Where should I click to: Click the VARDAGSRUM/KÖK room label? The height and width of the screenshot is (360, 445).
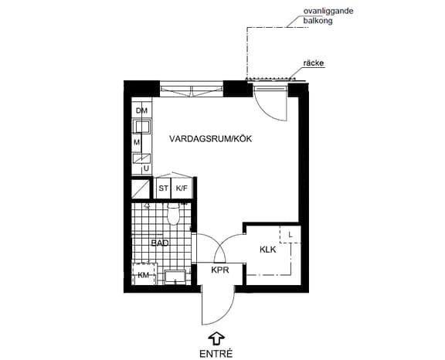click(x=210, y=139)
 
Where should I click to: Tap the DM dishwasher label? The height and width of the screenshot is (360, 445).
click(x=141, y=110)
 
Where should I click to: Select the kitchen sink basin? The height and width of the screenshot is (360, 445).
click(x=142, y=127)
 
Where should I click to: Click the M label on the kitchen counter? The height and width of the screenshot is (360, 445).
click(x=137, y=142)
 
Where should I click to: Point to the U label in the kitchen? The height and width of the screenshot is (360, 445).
click(x=146, y=168)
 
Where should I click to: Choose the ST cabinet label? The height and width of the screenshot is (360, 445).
click(x=163, y=188)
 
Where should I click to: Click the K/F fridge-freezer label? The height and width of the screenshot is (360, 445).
click(x=182, y=188)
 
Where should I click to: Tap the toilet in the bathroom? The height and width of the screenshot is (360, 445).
click(x=174, y=214)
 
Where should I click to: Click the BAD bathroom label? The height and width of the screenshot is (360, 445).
click(x=160, y=243)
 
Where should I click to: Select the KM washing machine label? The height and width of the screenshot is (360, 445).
click(x=144, y=275)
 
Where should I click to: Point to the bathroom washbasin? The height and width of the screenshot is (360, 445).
click(x=175, y=277)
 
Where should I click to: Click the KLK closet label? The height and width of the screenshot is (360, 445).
click(x=268, y=250)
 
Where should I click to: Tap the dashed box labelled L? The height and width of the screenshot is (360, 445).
click(x=290, y=234)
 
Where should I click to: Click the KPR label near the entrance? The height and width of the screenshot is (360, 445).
click(x=220, y=270)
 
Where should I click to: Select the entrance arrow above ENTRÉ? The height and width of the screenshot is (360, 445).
click(x=216, y=338)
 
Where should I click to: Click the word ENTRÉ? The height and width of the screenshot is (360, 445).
click(x=216, y=354)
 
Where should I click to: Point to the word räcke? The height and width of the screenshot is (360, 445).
click(x=314, y=63)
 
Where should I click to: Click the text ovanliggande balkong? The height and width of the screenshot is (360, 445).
click(x=328, y=16)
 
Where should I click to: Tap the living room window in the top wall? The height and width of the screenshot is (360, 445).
click(x=192, y=90)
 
